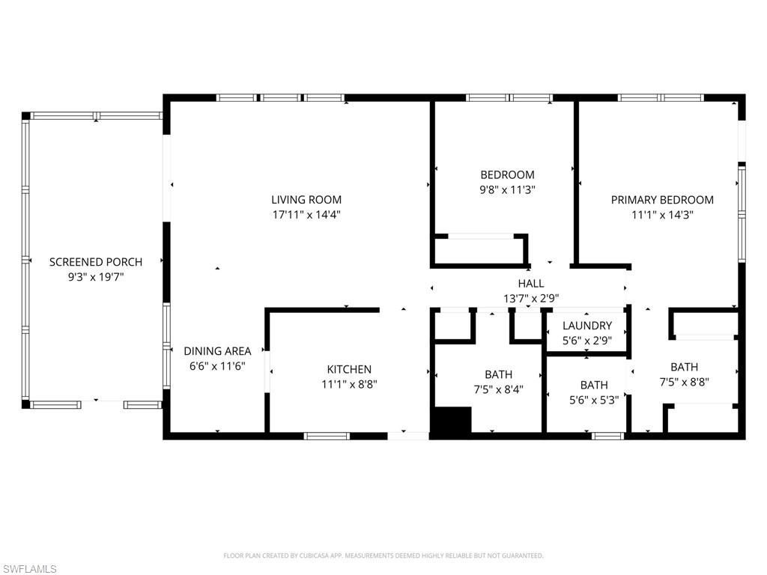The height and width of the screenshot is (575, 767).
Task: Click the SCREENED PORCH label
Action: click(x=95, y=261)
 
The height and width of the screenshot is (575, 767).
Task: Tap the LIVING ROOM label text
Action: click(x=306, y=199)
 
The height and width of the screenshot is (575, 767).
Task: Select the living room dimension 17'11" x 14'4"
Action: click(x=306, y=214)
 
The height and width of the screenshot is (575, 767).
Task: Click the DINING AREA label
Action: click(x=217, y=350)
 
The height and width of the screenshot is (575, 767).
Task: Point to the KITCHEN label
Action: click(x=349, y=369)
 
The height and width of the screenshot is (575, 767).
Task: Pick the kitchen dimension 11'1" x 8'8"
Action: click(x=349, y=384)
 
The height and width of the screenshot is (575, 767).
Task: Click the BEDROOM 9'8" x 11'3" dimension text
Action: click(x=507, y=190)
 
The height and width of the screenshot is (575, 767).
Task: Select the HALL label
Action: click(x=530, y=283)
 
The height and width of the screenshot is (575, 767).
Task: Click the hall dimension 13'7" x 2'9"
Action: click(x=530, y=298)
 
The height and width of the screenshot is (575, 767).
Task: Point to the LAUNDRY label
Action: click(x=587, y=326)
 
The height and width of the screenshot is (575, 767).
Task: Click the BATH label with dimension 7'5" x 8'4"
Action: click(x=498, y=374)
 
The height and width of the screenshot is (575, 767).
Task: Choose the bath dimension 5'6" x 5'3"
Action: click(x=593, y=400)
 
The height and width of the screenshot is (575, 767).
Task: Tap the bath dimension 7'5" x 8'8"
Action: click(x=684, y=381)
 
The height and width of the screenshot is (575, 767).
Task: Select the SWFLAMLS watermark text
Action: click(x=29, y=569)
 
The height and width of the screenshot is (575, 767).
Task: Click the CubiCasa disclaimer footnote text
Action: click(x=383, y=556)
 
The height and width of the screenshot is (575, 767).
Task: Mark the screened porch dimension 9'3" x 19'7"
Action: click(x=95, y=276)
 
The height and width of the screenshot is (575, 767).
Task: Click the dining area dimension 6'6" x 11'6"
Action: click(x=217, y=365)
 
